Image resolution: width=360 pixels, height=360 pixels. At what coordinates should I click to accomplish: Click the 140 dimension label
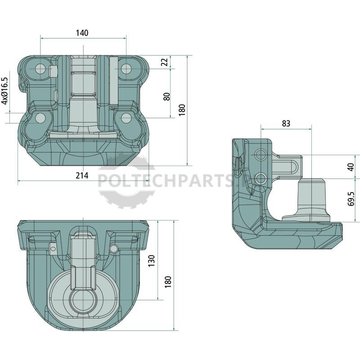(82, 33)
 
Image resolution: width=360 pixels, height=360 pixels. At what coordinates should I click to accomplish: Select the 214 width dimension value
(82, 175)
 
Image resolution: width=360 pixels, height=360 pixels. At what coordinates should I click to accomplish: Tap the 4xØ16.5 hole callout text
(4, 91)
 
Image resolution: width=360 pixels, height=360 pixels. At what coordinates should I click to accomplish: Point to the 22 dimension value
(165, 62)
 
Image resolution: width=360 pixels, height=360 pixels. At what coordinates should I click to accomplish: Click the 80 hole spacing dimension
(167, 96)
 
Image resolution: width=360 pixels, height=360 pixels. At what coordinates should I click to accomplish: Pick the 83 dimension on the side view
(286, 123)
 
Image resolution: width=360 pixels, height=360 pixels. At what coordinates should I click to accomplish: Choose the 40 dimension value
(351, 167)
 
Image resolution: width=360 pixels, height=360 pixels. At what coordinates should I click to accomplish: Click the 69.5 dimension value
(351, 199)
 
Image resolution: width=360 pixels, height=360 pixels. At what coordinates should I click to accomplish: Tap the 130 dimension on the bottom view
(151, 261)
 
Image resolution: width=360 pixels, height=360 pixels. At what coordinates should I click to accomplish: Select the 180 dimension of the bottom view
(168, 282)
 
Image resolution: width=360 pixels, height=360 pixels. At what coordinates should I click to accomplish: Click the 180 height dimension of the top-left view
(182, 110)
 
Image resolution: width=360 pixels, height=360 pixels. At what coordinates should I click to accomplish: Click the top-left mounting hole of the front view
(40, 68)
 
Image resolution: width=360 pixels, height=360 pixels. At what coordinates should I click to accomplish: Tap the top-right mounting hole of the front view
(126, 68)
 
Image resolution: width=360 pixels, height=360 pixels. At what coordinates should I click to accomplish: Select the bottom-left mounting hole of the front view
(40, 118)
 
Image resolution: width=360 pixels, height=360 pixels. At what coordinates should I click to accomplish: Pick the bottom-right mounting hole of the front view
(126, 118)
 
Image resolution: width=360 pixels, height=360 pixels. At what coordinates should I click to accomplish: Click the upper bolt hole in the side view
(261, 154)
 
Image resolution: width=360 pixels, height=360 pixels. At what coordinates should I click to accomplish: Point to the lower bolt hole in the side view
(261, 178)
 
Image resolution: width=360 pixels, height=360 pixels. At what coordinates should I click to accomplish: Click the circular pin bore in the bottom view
(83, 300)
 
